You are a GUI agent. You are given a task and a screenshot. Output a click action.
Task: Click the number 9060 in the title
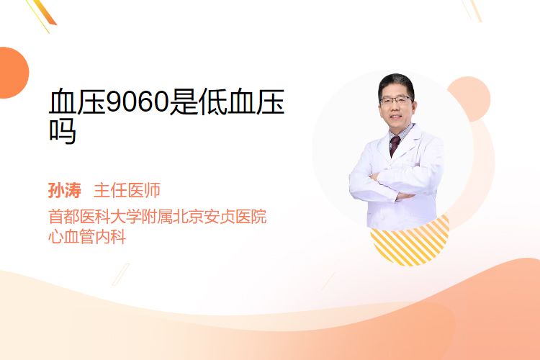pyautogui.click(x=138, y=102)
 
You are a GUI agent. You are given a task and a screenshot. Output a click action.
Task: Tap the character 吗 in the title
pyautogui.click(x=63, y=131)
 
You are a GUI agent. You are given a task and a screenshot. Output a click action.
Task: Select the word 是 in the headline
pyautogui.click(x=184, y=102)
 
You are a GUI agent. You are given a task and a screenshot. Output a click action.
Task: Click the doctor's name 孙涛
pyautogui.click(x=64, y=190)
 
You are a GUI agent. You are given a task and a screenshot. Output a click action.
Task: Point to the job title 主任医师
pyautogui.click(x=127, y=190)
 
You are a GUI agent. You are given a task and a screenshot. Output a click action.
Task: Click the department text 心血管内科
pyautogui.click(x=87, y=236)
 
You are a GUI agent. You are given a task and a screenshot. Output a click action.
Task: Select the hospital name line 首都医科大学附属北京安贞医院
pyautogui.click(x=158, y=216)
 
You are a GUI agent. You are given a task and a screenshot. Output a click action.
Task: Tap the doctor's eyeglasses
pyautogui.click(x=396, y=101)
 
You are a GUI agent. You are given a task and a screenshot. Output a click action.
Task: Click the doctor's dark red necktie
pyautogui.click(x=394, y=145)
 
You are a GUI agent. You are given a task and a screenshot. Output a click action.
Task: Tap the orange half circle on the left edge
pyautogui.click(x=14, y=73)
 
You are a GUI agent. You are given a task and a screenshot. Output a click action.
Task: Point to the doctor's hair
pyautogui.click(x=396, y=83)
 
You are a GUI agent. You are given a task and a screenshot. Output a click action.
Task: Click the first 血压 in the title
pyautogui.click(x=77, y=102)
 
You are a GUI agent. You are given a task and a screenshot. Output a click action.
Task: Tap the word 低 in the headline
pyautogui.click(x=212, y=102)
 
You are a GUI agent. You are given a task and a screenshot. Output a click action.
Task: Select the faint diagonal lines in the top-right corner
pyautogui.click(x=472, y=10)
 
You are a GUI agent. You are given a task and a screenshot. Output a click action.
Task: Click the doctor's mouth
pyautogui.click(x=396, y=117)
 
